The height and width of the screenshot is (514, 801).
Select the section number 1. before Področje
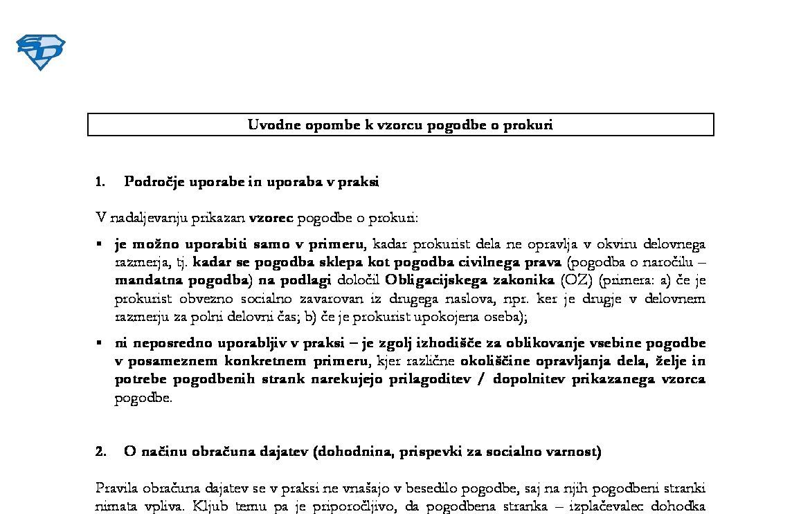click(x=100, y=182)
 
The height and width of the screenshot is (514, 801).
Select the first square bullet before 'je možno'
click(x=99, y=244)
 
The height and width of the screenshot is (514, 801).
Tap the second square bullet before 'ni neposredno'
click(x=99, y=342)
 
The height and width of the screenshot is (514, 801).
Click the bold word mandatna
click(x=145, y=280)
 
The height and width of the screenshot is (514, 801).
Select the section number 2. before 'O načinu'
click(x=101, y=452)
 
